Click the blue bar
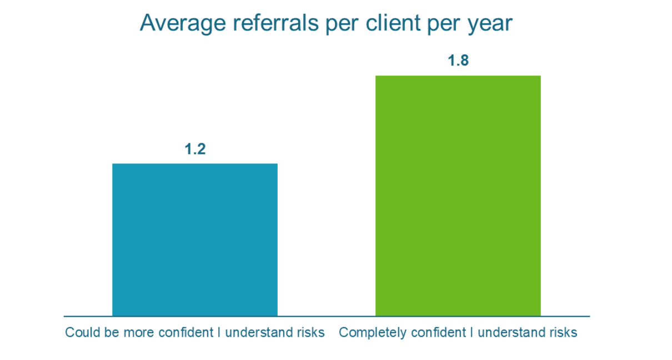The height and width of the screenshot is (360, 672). point(194,239)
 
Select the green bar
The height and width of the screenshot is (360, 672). point(458,196)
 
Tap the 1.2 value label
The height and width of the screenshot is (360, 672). point(195,149)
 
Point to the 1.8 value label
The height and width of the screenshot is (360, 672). point(458,61)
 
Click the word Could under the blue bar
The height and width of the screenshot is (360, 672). point(78,333)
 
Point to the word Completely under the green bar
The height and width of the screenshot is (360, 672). point(368,333)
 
